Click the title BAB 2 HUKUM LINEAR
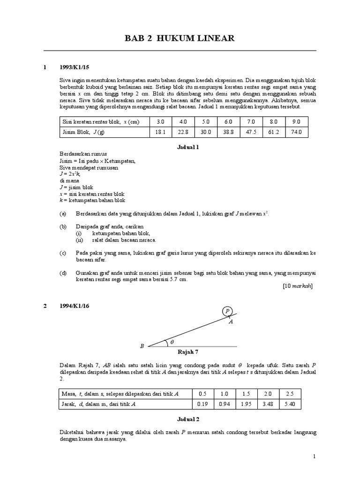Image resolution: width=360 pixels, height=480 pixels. tap(180, 38)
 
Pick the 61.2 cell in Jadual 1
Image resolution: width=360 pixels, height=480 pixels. tap(273, 133)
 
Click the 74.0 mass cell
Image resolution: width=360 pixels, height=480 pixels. tap(296, 133)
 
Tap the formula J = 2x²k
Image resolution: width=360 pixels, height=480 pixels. tap(70, 173)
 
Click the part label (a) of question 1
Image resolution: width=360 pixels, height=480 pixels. tap(63, 213)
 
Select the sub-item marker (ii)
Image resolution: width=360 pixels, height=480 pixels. tap(79, 240)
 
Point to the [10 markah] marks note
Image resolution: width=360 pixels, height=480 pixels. tap(298, 285)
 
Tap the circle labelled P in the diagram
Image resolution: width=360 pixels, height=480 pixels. tap(227, 311)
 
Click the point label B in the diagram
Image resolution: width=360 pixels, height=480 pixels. tap(142, 346)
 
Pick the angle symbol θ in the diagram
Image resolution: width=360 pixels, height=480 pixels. tap(172, 342)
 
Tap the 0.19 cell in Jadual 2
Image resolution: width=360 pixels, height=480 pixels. tap(202, 403)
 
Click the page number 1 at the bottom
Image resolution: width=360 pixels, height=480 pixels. tap(314, 456)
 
